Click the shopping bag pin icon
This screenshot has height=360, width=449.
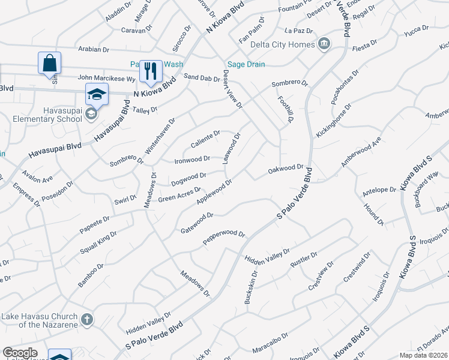point(49,63)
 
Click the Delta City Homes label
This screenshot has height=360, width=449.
point(284,44)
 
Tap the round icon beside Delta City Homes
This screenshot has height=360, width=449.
point(324,43)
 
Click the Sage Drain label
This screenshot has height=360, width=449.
point(244,65)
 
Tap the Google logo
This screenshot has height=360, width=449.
point(20,353)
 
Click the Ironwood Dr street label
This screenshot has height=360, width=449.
point(192,159)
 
